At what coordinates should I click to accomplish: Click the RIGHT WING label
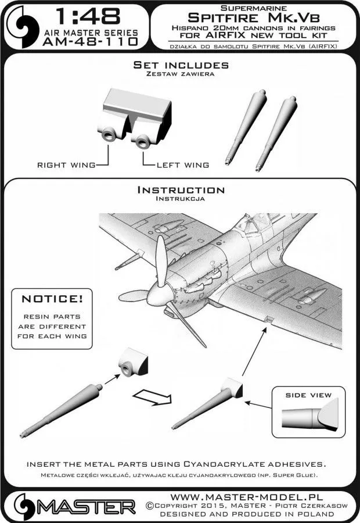tap(66, 166)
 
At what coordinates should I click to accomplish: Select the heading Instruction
tap(180, 191)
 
